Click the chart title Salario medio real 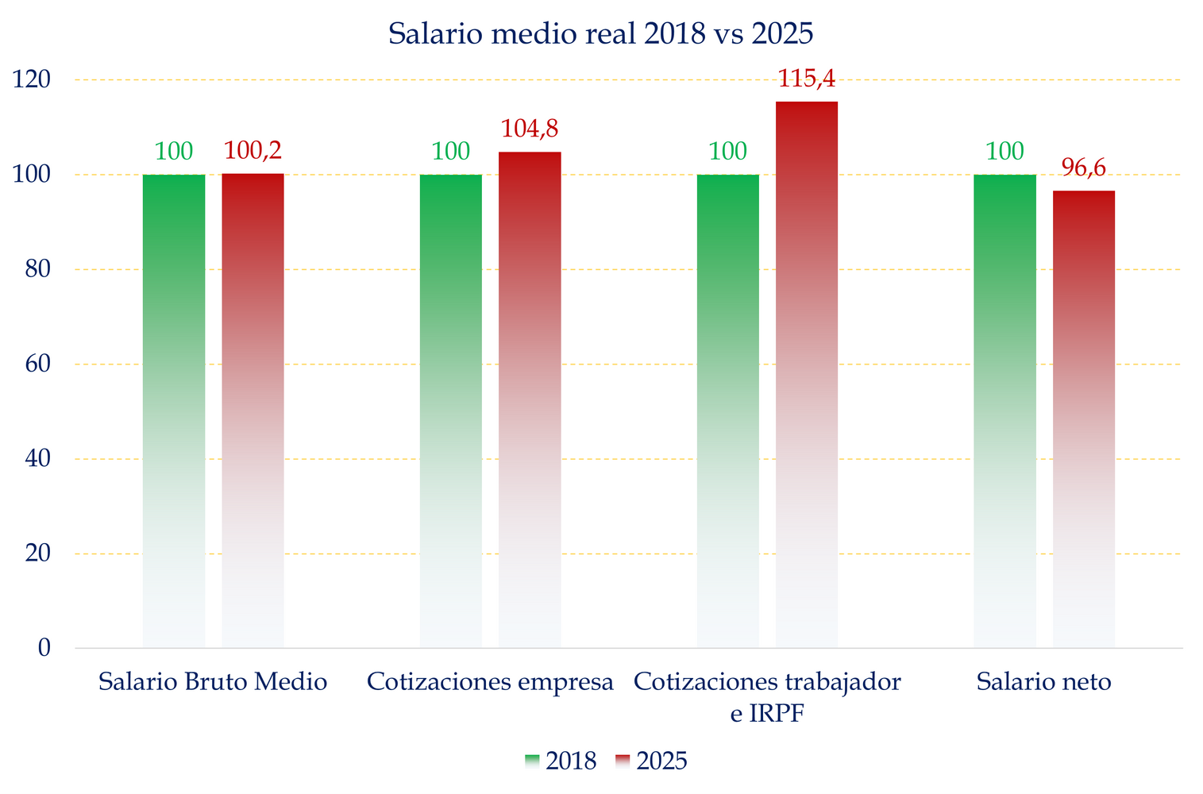tap(601, 34)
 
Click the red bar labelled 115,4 tap(807, 374)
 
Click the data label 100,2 tap(253, 150)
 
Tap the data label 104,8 tap(530, 129)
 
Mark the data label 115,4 tap(807, 79)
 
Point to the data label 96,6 tap(1084, 168)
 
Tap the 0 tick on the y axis tap(44, 648)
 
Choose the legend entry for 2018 tap(561, 761)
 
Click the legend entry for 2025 tap(652, 761)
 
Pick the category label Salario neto tap(1044, 681)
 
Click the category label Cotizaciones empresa tap(491, 681)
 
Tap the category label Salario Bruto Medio tap(213, 681)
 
